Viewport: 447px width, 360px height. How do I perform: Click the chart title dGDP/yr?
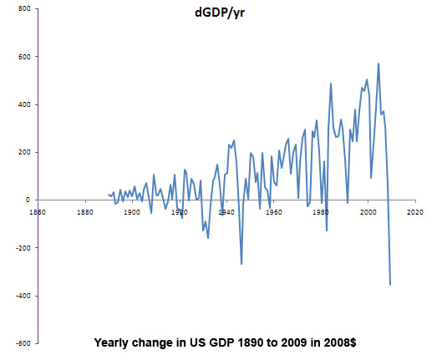tap(220, 13)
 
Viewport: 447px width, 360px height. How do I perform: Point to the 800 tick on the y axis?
tap(24, 9)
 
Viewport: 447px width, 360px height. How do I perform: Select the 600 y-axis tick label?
tap(24, 57)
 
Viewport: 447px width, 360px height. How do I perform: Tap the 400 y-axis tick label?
tap(24, 104)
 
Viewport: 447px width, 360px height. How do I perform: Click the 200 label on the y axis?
tap(24, 152)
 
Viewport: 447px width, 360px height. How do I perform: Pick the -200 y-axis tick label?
tap(23, 248)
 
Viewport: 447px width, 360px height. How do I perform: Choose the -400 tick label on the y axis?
tap(23, 296)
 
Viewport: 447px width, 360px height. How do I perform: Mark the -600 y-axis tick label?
tap(23, 343)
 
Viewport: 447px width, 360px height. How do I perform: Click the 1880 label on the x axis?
tap(85, 212)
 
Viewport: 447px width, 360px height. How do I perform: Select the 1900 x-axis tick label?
tap(132, 212)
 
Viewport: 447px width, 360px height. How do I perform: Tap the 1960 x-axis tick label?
tap(274, 212)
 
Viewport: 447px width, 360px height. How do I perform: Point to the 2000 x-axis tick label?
tap(368, 212)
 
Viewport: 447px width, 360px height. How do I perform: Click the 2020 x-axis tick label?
tap(415, 212)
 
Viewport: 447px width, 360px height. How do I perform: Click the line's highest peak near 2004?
tap(378, 63)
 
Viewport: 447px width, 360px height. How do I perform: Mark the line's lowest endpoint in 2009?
tap(390, 285)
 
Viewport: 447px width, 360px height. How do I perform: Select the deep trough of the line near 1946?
tap(241, 264)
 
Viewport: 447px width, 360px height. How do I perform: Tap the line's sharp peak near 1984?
tap(331, 84)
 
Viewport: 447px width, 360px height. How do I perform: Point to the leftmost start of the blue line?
tap(109, 195)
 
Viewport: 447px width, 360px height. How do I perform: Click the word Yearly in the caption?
tap(110, 343)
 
